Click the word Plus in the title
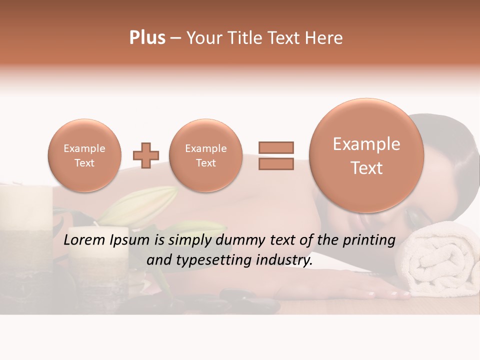pyautogui.click(x=147, y=38)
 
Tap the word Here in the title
pyautogui.click(x=323, y=38)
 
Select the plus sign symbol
pyautogui.click(x=146, y=155)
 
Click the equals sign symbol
pyautogui.click(x=276, y=155)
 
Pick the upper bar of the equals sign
pyautogui.click(x=276, y=147)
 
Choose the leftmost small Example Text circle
pyautogui.click(x=84, y=155)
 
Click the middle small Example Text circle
pyautogui.click(x=205, y=155)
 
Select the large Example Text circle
pyautogui.click(x=366, y=155)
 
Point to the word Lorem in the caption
pyautogui.click(x=85, y=240)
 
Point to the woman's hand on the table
pyautogui.click(x=370, y=290)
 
